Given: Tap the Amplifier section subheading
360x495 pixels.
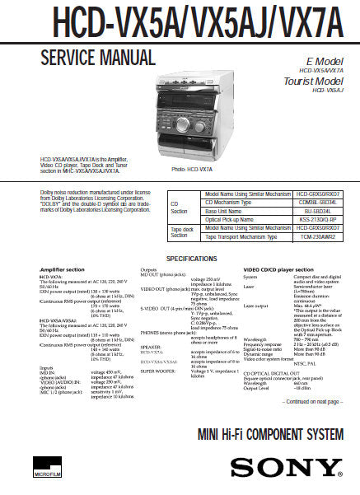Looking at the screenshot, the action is pyautogui.click(x=63, y=269).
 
